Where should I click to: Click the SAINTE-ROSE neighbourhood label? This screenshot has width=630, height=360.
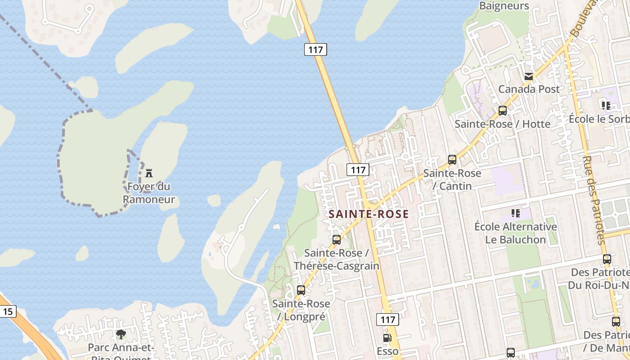(x=369, y=214)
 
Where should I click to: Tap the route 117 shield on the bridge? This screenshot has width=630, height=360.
(x=315, y=49)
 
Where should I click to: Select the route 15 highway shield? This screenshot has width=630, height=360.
(x=7, y=311)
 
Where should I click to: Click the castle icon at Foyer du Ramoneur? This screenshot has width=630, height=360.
(x=149, y=173)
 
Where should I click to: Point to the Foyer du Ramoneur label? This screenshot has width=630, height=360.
(x=149, y=193)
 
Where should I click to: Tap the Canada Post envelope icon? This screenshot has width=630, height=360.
(x=529, y=76)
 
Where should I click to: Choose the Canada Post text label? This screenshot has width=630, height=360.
(x=529, y=89)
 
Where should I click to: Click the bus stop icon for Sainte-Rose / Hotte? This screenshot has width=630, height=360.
(x=503, y=111)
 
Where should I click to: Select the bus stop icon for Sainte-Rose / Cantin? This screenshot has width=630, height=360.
(x=452, y=160)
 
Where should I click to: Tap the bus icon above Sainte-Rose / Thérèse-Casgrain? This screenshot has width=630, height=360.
(x=337, y=240)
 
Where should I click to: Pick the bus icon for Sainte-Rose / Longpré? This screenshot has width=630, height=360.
(x=301, y=290)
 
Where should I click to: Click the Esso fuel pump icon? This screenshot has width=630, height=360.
(x=387, y=338)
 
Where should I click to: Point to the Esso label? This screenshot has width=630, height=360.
(x=387, y=351)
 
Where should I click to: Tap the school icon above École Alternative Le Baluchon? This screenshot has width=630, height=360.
(x=516, y=213)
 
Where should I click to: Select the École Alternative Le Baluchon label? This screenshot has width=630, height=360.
(x=516, y=233)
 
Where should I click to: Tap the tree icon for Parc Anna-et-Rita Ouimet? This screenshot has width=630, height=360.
(x=121, y=334)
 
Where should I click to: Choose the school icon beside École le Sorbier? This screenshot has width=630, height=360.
(x=606, y=106)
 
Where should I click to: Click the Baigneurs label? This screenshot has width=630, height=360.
(x=504, y=6)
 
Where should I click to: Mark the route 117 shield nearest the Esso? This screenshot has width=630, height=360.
(x=387, y=319)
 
